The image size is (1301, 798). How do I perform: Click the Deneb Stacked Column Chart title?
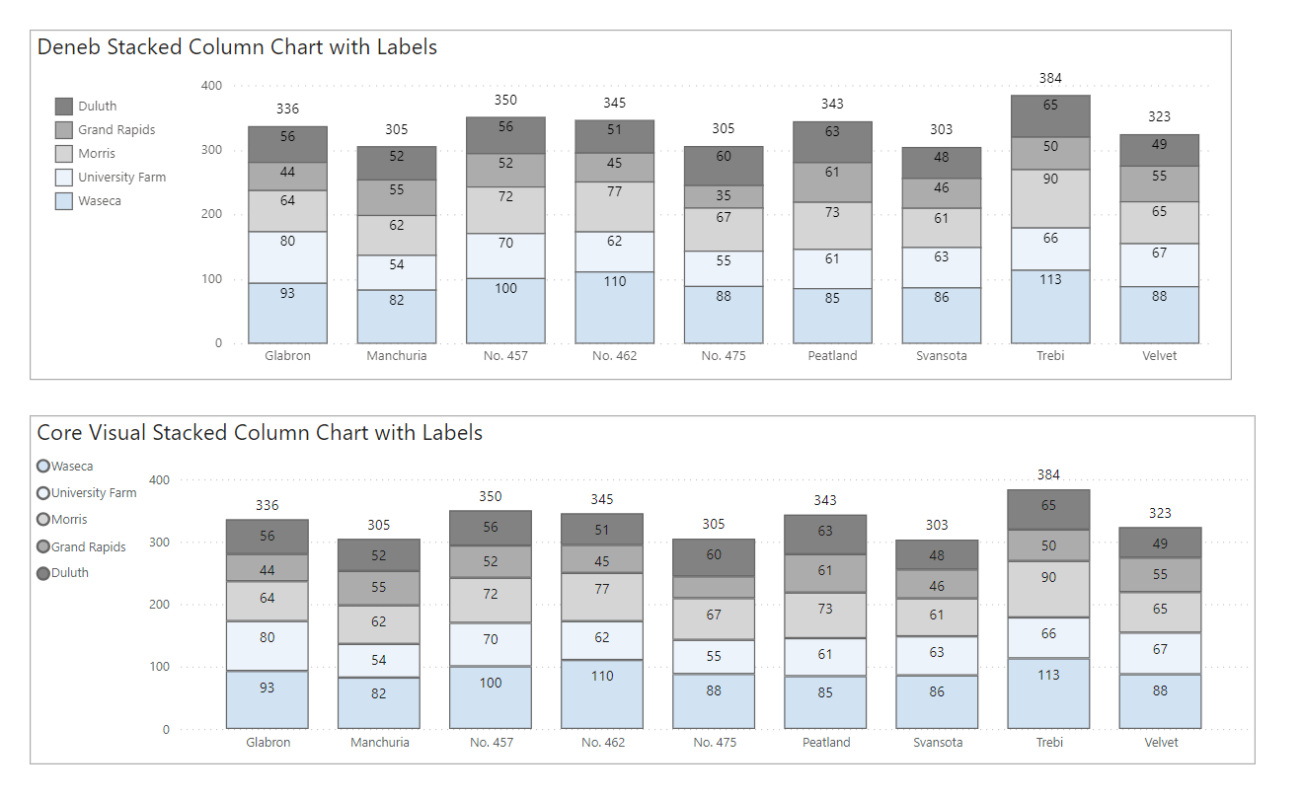(x=237, y=46)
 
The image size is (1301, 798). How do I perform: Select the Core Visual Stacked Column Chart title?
(x=260, y=432)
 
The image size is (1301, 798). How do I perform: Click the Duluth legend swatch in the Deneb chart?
(x=64, y=107)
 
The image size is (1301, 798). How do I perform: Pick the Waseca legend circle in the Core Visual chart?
(x=43, y=467)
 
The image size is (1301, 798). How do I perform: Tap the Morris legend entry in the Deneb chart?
(x=97, y=154)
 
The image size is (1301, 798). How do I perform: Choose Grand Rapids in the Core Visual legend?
(x=88, y=546)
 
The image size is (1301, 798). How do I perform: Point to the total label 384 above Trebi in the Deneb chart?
(x=1050, y=78)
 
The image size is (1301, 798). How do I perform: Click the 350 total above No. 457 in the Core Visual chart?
(x=491, y=496)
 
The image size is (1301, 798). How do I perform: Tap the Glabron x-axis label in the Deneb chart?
(x=287, y=356)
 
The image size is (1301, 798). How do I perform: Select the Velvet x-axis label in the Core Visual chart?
(x=1160, y=742)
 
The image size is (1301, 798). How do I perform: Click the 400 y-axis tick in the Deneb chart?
(x=211, y=86)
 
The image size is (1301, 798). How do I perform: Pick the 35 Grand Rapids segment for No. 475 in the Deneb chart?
(x=724, y=196)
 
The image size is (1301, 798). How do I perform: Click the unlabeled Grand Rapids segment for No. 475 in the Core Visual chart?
(x=714, y=587)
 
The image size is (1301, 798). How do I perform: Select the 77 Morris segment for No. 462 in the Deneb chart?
(x=615, y=206)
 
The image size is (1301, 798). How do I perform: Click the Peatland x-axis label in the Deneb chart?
(x=832, y=356)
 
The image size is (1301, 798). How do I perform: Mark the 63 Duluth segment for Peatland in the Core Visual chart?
(x=825, y=534)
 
